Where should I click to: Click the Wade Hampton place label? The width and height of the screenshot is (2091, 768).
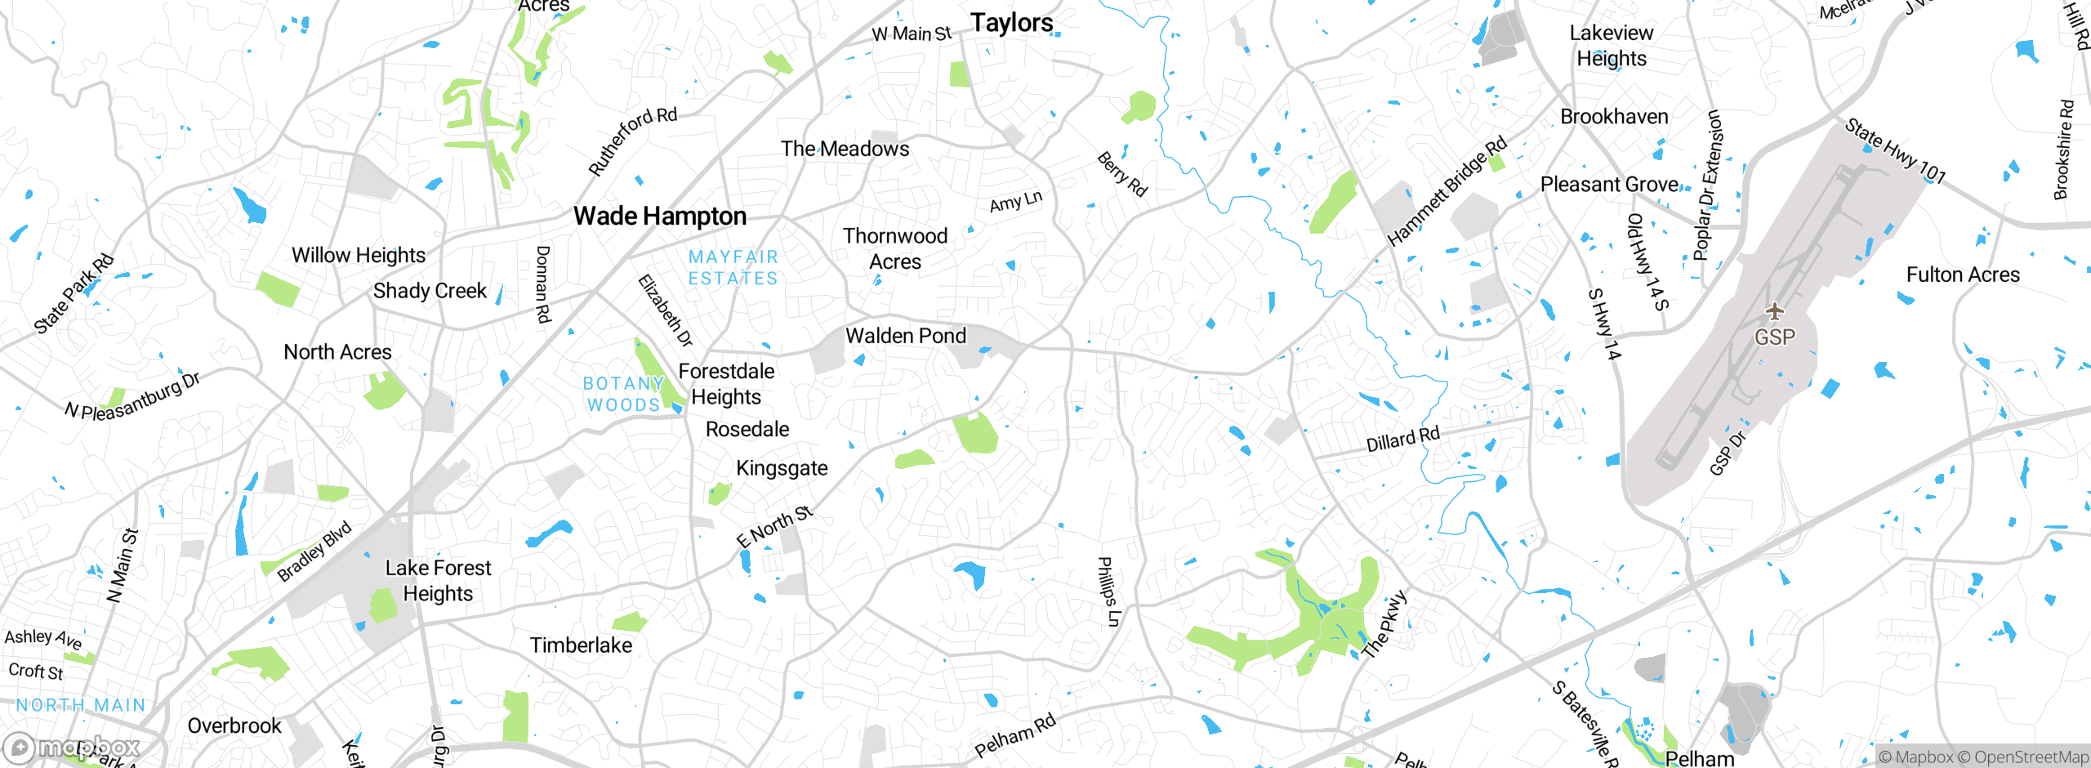pos(660,217)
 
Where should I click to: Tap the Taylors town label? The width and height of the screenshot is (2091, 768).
pos(1011,23)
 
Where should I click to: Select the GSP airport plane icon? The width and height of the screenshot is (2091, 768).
pos(1774,311)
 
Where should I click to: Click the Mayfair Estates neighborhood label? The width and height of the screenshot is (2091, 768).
pos(733,268)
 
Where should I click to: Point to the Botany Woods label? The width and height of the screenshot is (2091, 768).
pos(623,394)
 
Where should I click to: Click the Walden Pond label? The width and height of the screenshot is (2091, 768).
pos(905,336)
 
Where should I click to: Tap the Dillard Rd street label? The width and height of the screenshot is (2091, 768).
pos(1402,440)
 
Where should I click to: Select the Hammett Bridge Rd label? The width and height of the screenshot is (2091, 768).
pos(1447,192)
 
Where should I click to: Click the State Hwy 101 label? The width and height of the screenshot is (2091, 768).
pos(1895,151)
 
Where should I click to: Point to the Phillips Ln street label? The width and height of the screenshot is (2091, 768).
pos(1108,592)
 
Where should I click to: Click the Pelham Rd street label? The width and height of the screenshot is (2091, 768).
pos(1014,735)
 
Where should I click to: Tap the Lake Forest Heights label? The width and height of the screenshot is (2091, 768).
pos(438,580)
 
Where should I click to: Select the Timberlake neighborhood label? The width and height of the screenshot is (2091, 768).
pos(581,645)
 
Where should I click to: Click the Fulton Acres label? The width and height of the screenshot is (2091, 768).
pos(1962,275)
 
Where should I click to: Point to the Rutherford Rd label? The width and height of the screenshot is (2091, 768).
pos(633,141)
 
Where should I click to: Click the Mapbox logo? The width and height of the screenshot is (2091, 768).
pos(72,747)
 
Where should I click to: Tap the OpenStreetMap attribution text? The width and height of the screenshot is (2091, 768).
pos(2023,757)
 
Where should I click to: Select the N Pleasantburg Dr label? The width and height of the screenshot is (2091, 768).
pos(132,396)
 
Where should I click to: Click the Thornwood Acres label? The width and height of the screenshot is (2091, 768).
pos(894,248)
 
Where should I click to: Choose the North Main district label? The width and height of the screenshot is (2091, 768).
pos(80,705)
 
